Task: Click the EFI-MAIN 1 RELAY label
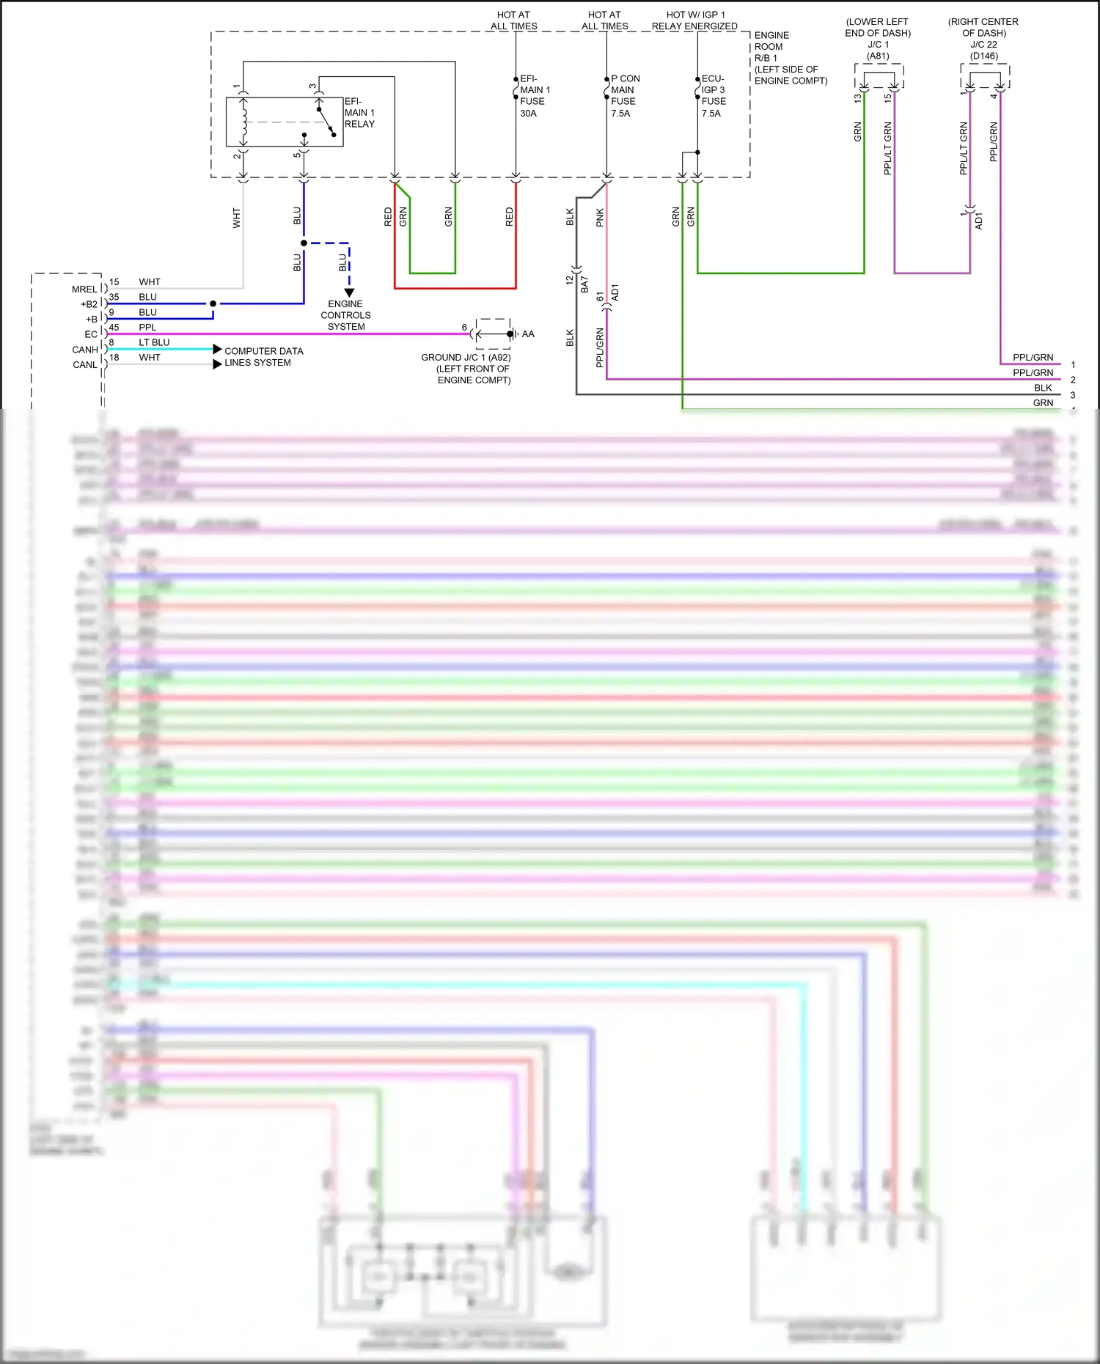(359, 113)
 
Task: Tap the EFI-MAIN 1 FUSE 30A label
(534, 96)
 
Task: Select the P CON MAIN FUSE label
(625, 96)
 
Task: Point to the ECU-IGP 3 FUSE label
(713, 96)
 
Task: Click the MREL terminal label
(84, 290)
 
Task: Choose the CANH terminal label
(85, 350)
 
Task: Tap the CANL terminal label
(85, 365)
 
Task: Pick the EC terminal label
(91, 334)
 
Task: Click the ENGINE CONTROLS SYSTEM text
(345, 315)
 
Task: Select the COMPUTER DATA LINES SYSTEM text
(263, 357)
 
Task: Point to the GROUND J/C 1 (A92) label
(466, 358)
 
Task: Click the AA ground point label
(528, 334)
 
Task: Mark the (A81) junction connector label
(878, 56)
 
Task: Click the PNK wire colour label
(600, 218)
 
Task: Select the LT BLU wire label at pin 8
(154, 342)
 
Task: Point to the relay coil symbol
(245, 122)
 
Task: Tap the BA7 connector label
(584, 285)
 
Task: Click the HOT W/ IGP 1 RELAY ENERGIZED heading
(694, 21)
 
